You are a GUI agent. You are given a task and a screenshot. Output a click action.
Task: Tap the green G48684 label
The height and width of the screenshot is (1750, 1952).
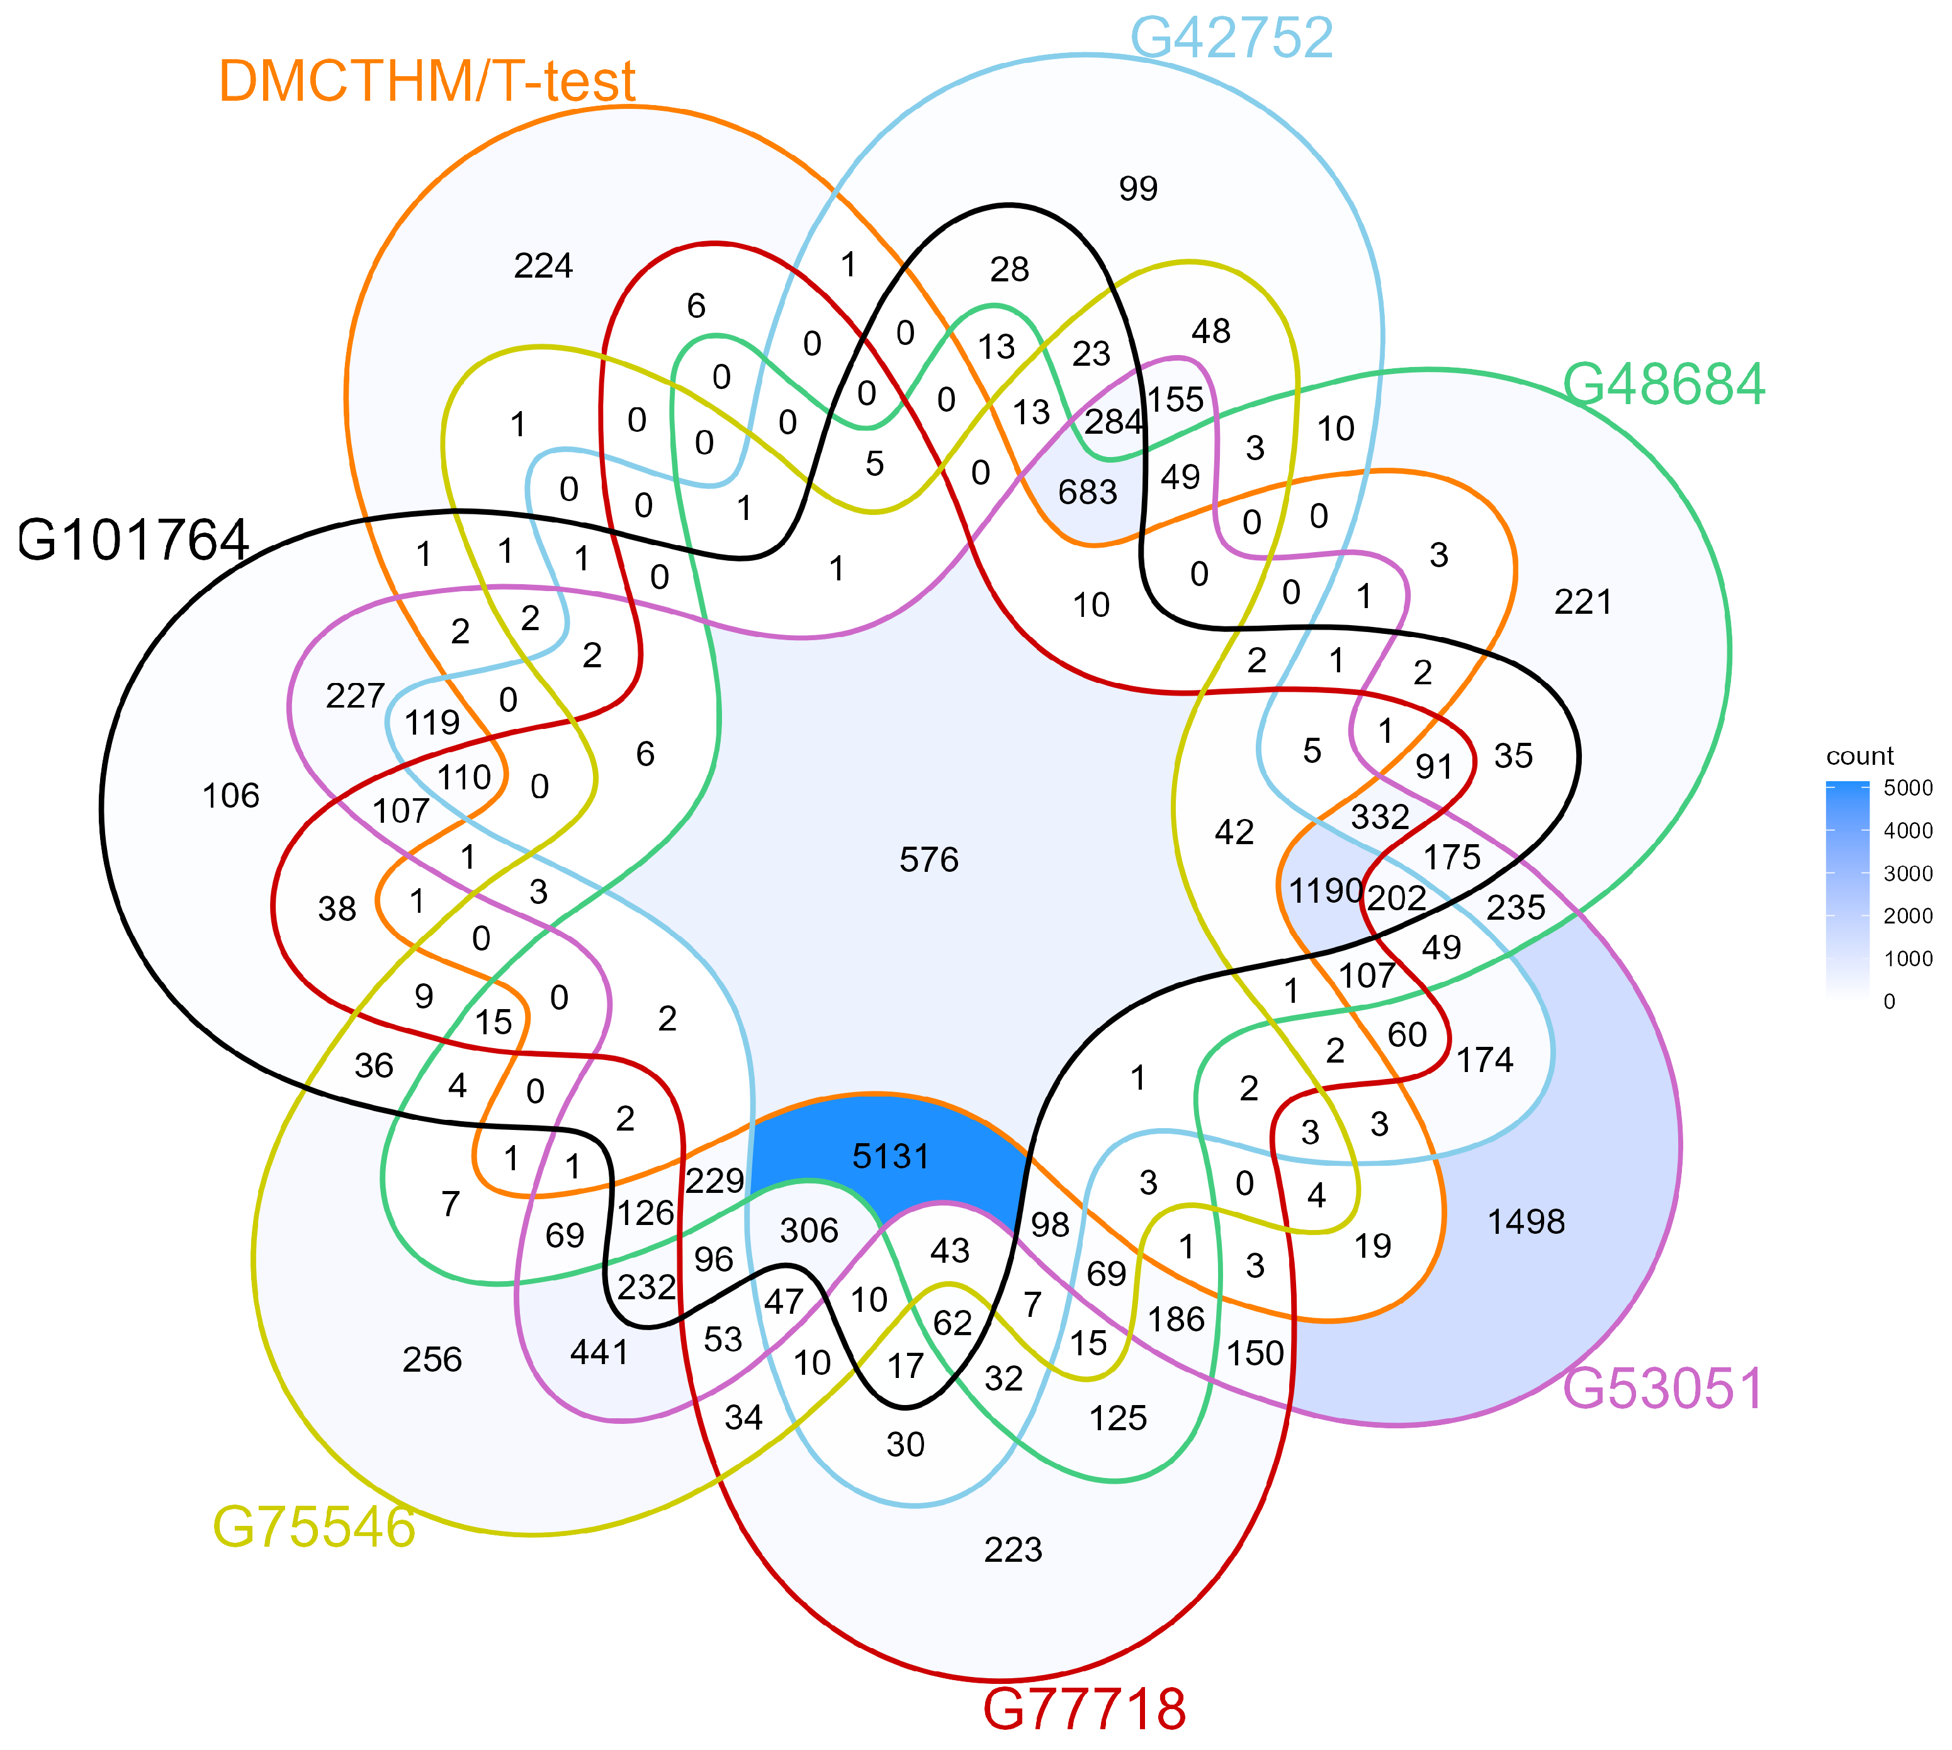click(1664, 385)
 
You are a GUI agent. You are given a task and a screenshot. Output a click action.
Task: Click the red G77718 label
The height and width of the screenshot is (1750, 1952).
click(1084, 1708)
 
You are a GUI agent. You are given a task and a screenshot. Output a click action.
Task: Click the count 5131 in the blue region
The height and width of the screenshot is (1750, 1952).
click(891, 1156)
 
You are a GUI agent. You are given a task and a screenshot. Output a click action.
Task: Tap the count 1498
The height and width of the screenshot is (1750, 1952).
click(1526, 1222)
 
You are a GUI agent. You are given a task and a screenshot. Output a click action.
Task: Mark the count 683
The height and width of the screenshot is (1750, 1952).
click(1088, 492)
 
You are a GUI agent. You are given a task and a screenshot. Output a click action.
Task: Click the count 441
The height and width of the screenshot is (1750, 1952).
click(599, 1353)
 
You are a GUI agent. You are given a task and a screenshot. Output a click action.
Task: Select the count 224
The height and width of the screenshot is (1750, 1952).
click(543, 266)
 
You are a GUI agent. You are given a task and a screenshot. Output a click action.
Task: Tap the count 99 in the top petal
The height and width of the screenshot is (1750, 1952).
click(1139, 188)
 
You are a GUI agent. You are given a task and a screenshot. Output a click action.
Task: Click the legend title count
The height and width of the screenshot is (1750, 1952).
click(1859, 756)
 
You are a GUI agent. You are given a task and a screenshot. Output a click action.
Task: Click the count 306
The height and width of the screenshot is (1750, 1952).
click(809, 1231)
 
